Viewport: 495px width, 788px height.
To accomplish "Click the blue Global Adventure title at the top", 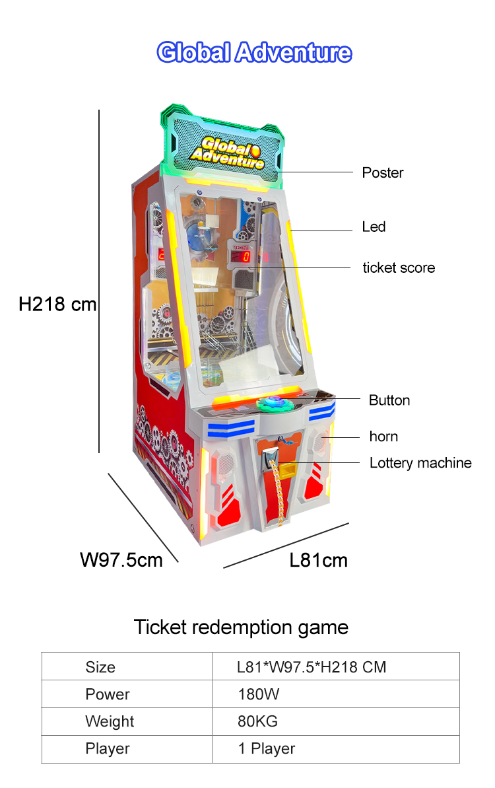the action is [254, 52].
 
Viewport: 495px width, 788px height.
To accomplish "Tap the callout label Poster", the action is [383, 173].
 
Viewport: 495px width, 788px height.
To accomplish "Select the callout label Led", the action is [374, 227].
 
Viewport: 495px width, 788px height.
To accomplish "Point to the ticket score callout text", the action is [399, 268].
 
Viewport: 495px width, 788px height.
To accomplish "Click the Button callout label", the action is [389, 400].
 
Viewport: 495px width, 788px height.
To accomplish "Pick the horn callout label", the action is [383, 436].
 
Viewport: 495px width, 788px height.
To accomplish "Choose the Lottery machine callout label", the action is [420, 463].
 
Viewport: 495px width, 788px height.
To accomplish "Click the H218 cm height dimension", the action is [57, 304].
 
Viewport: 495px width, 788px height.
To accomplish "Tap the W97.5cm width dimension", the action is [121, 560].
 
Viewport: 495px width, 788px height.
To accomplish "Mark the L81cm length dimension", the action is [318, 560].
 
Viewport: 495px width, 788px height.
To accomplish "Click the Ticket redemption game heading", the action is [241, 627].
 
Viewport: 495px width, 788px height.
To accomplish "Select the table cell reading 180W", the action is [258, 694].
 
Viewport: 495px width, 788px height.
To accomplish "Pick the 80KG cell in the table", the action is [257, 721].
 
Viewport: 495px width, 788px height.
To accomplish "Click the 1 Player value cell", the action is [266, 748].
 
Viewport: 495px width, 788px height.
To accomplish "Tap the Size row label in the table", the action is [100, 667].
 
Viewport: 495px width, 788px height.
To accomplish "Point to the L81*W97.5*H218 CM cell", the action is [312, 667].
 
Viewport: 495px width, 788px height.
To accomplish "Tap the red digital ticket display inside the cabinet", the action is [241, 256].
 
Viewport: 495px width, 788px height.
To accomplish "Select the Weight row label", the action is [110, 721].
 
